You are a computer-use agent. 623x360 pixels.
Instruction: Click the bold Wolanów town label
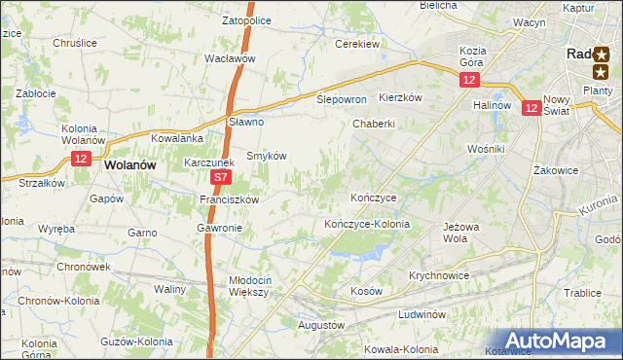130,165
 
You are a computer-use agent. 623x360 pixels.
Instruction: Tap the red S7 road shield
221,178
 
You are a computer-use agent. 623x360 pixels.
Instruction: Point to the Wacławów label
230,58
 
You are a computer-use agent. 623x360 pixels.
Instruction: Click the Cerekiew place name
356,45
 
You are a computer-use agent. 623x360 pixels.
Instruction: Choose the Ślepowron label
342,99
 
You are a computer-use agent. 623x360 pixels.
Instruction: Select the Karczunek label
210,163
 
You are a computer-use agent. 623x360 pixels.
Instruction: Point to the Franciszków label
228,199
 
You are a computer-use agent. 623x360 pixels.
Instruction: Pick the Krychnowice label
439,275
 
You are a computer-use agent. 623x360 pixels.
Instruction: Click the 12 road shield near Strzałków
81,159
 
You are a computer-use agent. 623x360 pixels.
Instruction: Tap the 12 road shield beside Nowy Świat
531,110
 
